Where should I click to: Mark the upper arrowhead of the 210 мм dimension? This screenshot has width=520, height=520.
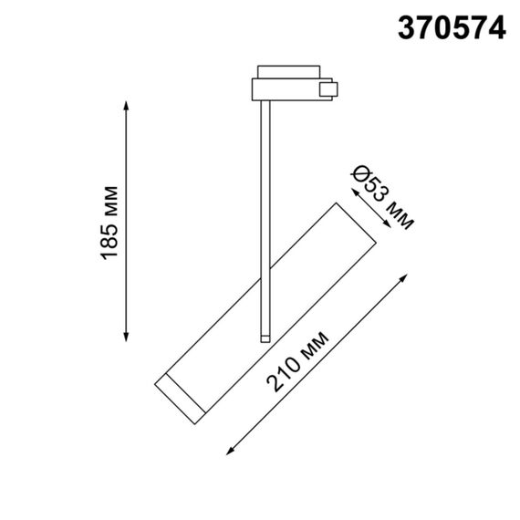tap(404, 276)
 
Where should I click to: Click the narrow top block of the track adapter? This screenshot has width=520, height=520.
tap(286, 71)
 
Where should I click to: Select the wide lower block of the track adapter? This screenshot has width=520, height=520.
tap(285, 89)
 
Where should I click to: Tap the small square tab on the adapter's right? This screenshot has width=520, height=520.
tap(328, 88)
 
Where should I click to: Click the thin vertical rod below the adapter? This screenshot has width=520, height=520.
tap(265, 219)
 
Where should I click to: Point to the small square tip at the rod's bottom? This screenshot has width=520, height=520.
tap(265, 338)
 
